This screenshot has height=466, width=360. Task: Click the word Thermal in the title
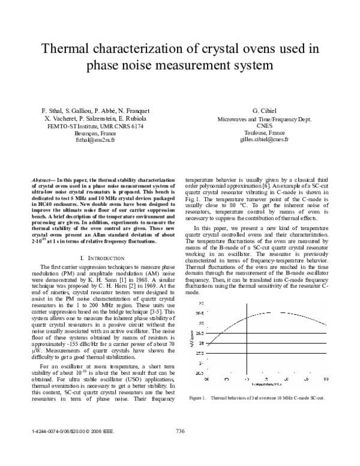click(71, 49)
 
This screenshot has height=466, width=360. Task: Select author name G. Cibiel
click(263, 112)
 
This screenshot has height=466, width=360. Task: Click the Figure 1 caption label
click(197, 398)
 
